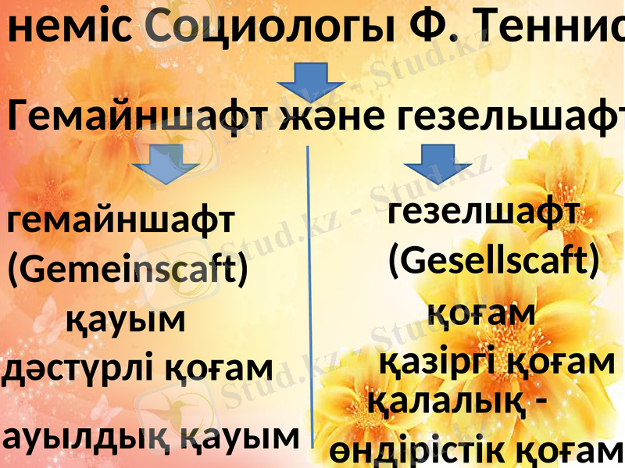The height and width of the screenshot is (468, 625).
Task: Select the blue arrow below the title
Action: pos(311,83)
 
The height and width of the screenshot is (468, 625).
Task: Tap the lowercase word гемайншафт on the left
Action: pos(120,222)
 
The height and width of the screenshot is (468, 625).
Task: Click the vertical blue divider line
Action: pos(310,297)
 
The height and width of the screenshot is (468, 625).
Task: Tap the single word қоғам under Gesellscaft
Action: pos(481,313)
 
